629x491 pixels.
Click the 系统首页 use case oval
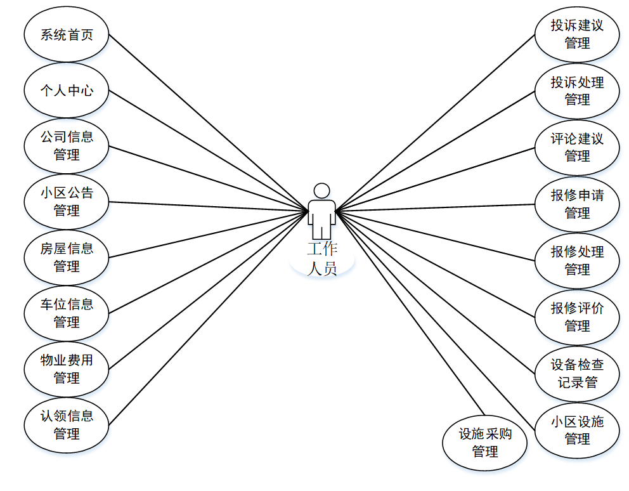[x=66, y=35]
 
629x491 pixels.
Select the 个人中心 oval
[x=66, y=90]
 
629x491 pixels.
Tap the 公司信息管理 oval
[x=66, y=146]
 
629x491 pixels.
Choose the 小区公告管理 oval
[x=66, y=202]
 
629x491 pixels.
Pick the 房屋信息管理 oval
[x=66, y=258]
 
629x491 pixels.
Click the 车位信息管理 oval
[x=66, y=313]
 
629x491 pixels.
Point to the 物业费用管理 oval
[x=66, y=369]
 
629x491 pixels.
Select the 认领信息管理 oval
[x=66, y=425]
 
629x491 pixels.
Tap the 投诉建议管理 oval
[x=577, y=34]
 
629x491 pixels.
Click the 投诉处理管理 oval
[x=577, y=91]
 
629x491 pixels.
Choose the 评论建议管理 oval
[x=577, y=147]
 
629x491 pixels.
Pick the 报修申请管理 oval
[x=577, y=204]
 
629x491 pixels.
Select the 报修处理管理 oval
[x=577, y=261]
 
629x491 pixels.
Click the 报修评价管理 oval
[x=577, y=317]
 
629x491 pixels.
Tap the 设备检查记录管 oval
[x=577, y=374]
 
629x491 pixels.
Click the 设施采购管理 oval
[x=485, y=443]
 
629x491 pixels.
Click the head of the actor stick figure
[x=322, y=190]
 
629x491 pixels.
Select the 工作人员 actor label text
[x=322, y=258]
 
